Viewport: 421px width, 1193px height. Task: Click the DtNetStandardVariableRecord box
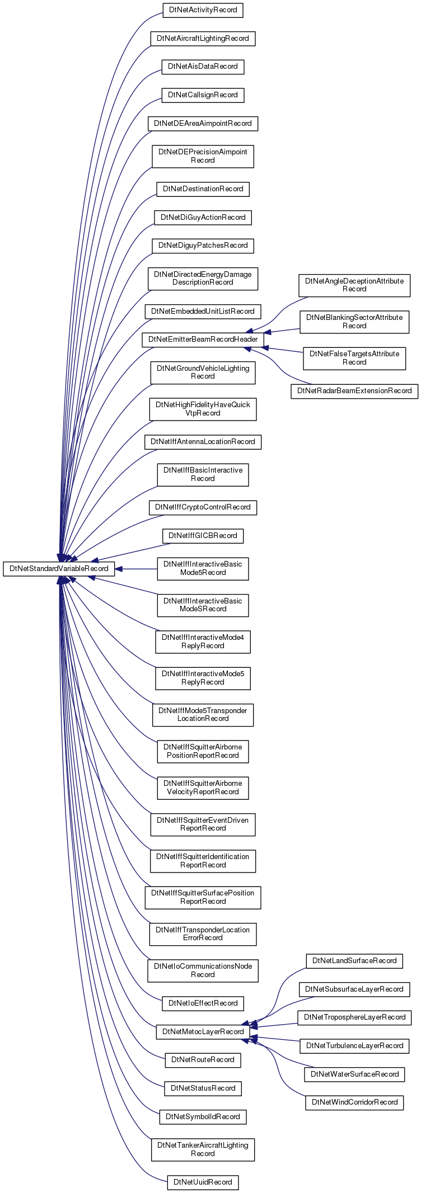[x=59, y=569]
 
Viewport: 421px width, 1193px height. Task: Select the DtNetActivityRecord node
[x=203, y=10]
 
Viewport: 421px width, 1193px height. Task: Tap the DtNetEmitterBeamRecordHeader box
[x=203, y=339]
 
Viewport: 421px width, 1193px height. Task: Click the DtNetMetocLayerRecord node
[x=203, y=1031]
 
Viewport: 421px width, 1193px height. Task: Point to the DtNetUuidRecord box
[x=203, y=1182]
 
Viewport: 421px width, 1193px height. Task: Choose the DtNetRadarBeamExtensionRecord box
[x=354, y=390]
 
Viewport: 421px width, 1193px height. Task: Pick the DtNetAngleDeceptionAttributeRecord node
[x=354, y=285]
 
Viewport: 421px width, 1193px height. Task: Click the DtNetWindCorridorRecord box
[x=354, y=1102]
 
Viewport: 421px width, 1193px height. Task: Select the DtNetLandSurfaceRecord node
[x=354, y=960]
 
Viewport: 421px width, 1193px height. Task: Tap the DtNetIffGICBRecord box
[x=203, y=535]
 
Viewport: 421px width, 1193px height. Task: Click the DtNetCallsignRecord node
[x=203, y=95]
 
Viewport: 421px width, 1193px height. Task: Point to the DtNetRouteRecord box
[x=203, y=1059]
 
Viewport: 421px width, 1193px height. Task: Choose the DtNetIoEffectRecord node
[x=203, y=1003]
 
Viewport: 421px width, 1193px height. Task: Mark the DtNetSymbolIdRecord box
[x=203, y=1116]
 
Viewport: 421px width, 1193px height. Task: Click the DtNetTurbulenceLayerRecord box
[x=354, y=1045]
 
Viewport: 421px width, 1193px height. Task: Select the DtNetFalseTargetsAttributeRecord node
[x=354, y=358]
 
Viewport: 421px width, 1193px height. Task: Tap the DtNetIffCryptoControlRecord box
[x=203, y=507]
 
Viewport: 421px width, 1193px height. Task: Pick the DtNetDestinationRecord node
[x=203, y=189]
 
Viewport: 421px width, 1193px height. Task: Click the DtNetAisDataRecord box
[x=203, y=66]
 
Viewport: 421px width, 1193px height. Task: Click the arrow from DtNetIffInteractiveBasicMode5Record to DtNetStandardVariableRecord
[x=136, y=569]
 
